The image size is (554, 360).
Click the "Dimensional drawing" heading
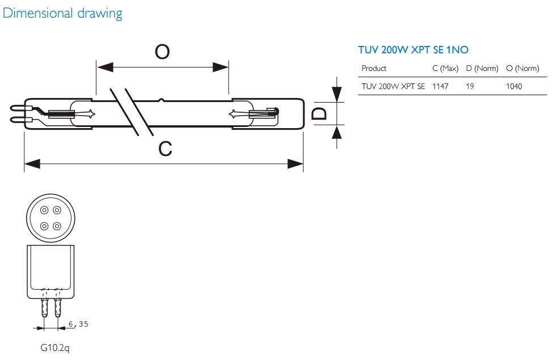(62, 13)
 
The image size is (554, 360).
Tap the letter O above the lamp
(162, 52)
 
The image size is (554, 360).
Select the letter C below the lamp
(165, 149)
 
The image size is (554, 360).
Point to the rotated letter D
(320, 114)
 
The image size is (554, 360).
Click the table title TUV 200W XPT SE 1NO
(413, 50)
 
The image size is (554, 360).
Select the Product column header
(374, 69)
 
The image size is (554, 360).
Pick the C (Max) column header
(445, 69)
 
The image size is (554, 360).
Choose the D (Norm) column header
(482, 69)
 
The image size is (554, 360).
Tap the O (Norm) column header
(522, 69)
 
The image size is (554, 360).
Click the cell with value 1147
(440, 86)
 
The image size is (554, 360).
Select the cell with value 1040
(514, 86)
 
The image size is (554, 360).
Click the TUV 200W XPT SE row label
(393, 86)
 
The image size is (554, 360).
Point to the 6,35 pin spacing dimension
(78, 324)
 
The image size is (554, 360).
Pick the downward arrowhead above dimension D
(337, 94)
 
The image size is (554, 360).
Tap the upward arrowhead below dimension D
(337, 132)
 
